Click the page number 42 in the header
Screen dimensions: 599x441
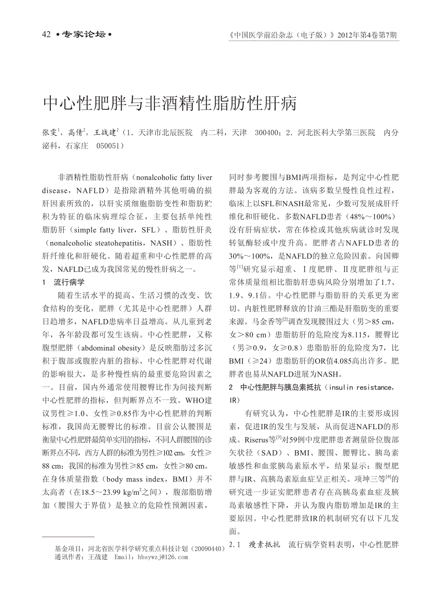click(x=46, y=34)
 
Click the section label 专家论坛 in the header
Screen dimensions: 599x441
click(x=84, y=35)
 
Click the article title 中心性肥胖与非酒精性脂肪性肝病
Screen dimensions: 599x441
click(x=170, y=103)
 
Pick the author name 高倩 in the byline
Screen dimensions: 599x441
click(x=75, y=132)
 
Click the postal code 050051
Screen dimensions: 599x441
click(x=109, y=145)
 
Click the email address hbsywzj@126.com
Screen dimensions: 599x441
click(x=162, y=557)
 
